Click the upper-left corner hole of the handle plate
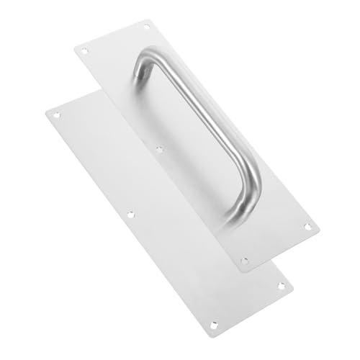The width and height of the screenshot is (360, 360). click(84, 52)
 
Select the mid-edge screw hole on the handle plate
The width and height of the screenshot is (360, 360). click(159, 150)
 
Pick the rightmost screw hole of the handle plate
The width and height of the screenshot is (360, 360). click(307, 226)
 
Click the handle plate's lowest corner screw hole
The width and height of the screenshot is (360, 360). click(245, 260)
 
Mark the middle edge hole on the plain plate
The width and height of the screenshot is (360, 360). click(130, 214)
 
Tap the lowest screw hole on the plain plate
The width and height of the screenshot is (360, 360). click(214, 325)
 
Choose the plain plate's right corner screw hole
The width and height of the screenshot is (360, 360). click(281, 286)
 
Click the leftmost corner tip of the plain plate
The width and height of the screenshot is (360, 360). click(45, 112)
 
